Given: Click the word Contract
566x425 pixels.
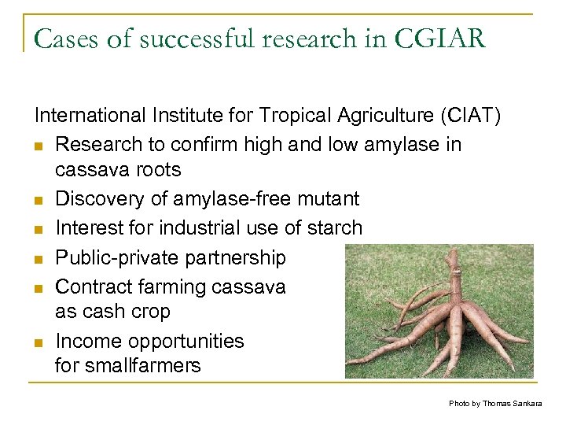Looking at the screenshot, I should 90,286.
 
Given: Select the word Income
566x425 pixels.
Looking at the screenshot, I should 86,341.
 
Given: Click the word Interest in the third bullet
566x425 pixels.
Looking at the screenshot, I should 85,229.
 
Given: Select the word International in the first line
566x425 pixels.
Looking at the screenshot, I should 86,116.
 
